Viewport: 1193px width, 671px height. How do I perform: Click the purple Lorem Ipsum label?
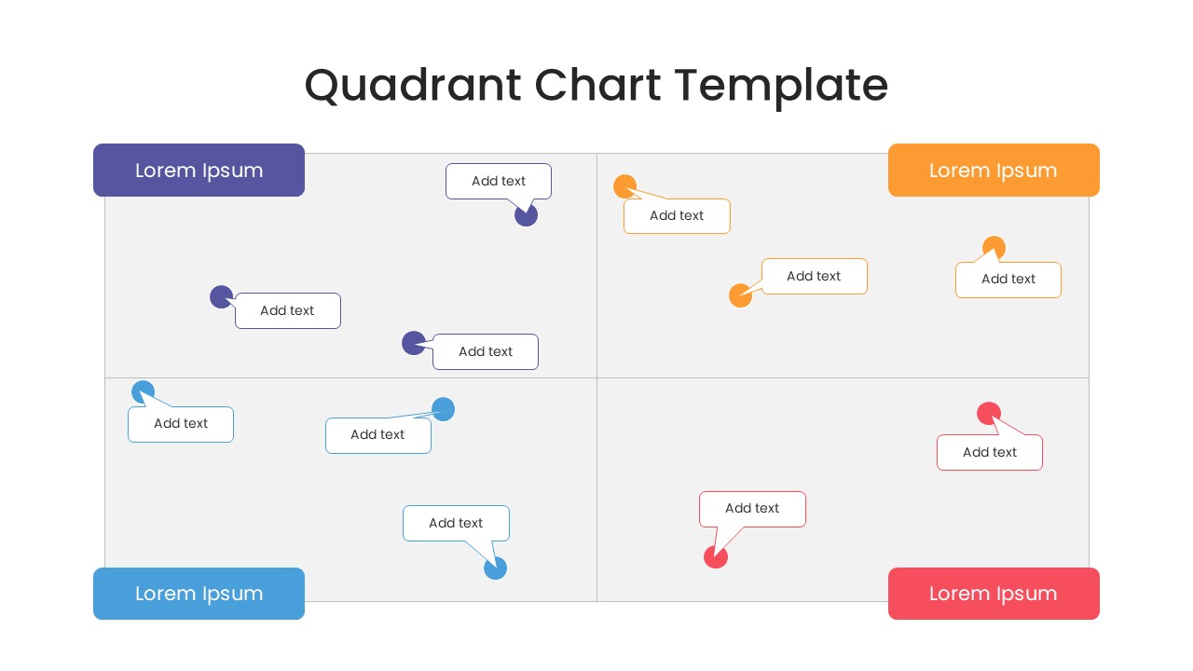point(199,171)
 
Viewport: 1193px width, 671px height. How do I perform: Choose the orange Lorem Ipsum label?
point(994,171)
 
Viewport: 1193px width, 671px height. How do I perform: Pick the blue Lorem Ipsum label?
point(199,594)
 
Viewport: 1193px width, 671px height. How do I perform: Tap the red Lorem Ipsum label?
point(994,594)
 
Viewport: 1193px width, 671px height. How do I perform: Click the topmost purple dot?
point(527,215)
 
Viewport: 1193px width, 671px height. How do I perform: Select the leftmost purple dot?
point(221,297)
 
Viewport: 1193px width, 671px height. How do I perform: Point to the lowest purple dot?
point(414,343)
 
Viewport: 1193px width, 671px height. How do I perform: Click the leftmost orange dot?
point(624,186)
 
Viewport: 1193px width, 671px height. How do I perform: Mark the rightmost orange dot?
point(994,248)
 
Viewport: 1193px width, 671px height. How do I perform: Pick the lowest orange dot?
point(740,295)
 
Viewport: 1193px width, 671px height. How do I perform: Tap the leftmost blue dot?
point(143,392)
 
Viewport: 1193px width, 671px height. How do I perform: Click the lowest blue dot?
point(496,568)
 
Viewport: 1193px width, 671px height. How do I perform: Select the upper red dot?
point(989,413)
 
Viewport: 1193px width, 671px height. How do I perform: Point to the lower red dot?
point(715,557)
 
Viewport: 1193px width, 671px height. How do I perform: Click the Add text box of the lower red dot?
point(752,509)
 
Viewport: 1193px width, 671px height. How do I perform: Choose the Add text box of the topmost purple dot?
point(499,181)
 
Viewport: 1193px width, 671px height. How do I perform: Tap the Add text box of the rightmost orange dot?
point(1008,280)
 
